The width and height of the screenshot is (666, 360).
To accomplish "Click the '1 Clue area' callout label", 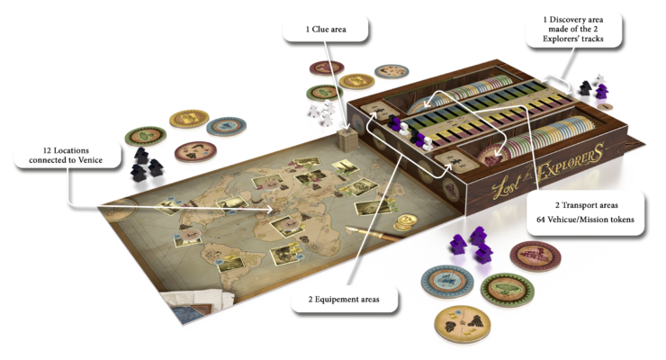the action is [x=326, y=30].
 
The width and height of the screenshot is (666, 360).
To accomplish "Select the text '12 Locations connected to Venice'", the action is [x=66, y=155].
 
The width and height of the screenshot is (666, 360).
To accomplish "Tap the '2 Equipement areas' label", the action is [x=344, y=300].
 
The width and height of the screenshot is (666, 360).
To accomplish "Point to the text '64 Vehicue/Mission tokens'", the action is [x=585, y=220].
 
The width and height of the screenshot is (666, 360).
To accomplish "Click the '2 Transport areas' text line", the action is [x=586, y=205].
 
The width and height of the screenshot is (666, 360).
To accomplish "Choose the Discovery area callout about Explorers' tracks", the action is [x=573, y=29].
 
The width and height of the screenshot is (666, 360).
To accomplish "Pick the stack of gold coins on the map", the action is [x=406, y=220].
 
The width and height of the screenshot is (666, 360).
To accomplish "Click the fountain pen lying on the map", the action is [x=373, y=233].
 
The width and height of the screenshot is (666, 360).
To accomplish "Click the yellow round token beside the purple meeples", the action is [x=463, y=324].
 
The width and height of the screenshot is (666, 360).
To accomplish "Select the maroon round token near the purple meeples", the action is [x=535, y=256].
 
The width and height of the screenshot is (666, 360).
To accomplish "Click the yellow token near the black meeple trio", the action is [x=189, y=119].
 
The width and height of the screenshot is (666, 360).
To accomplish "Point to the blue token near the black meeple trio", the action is [x=227, y=126].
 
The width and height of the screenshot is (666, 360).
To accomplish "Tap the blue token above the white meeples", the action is [x=391, y=71].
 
